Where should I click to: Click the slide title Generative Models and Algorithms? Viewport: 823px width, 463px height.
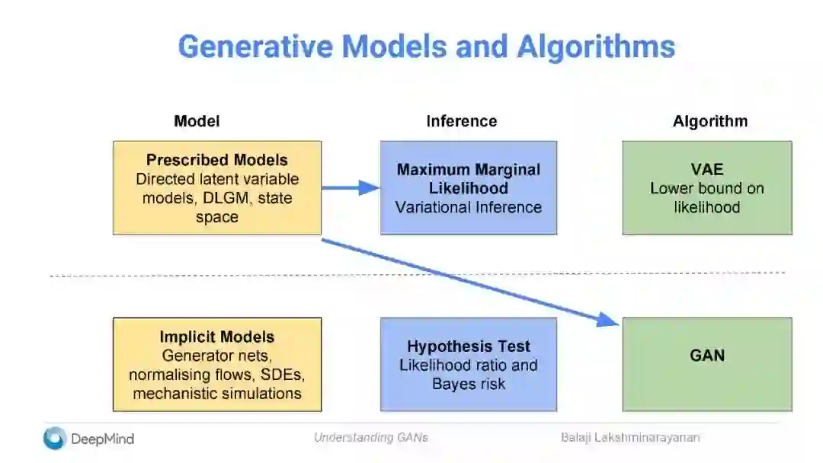(x=426, y=46)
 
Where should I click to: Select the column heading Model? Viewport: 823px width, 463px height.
(x=197, y=121)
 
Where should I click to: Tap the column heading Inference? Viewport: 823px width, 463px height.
(x=461, y=121)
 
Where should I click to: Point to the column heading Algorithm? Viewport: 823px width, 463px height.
(x=709, y=121)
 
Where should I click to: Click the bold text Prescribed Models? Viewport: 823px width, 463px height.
(x=217, y=161)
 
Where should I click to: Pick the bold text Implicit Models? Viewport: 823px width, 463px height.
(x=217, y=337)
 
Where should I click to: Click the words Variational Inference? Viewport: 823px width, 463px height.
(x=469, y=207)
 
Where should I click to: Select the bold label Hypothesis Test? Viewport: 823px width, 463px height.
(x=469, y=346)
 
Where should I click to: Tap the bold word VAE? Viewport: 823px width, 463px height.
(x=707, y=170)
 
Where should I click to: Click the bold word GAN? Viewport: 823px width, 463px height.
(x=707, y=355)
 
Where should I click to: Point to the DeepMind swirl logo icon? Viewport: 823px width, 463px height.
(x=55, y=438)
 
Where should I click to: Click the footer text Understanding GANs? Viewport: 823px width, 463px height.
(x=370, y=437)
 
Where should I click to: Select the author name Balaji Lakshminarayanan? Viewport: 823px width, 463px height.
(x=630, y=437)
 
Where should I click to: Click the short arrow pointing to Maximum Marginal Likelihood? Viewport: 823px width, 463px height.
(x=351, y=187)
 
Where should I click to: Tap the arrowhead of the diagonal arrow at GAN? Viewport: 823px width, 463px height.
(x=610, y=320)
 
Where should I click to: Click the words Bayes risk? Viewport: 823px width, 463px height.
(x=469, y=384)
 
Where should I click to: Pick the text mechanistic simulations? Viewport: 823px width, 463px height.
(x=217, y=394)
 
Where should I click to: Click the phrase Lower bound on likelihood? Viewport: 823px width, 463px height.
(x=707, y=197)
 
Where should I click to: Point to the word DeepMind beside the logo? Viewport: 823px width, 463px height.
(x=102, y=439)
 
